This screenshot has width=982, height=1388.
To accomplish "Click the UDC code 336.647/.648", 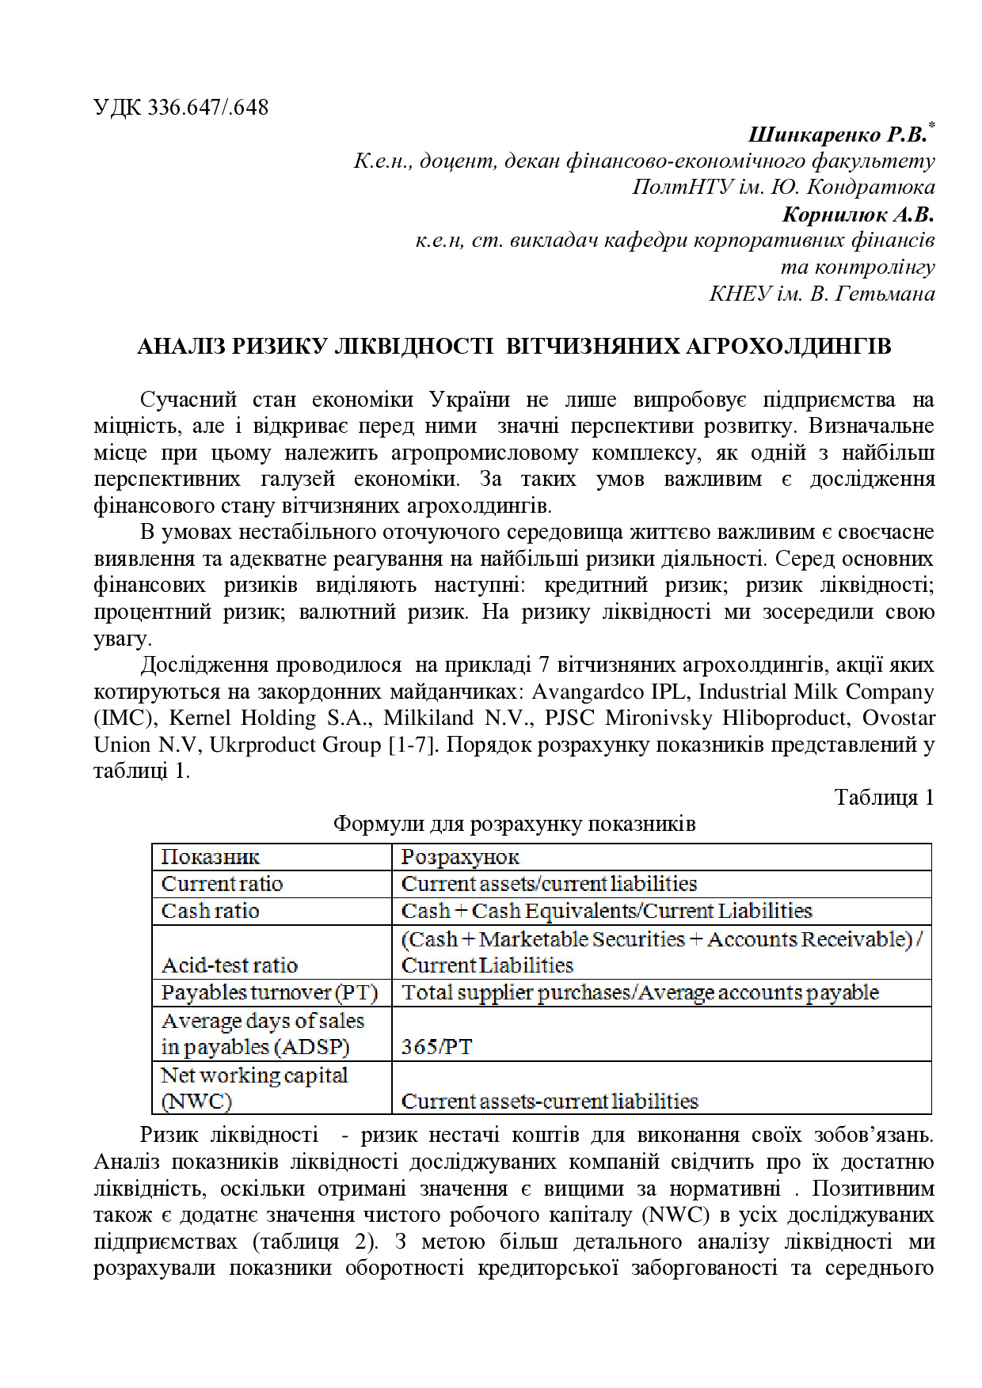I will tap(207, 108).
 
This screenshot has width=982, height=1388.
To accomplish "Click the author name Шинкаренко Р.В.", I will tap(837, 135).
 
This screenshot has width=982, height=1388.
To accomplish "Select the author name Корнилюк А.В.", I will tap(858, 214).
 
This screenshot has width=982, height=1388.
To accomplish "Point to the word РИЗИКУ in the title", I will tap(279, 347).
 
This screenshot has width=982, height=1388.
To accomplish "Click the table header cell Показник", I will tap(211, 857).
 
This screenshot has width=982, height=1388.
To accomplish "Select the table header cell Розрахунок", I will tap(460, 857).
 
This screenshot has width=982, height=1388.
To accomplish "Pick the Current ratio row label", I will tap(222, 884).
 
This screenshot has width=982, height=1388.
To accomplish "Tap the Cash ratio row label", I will tap(211, 911).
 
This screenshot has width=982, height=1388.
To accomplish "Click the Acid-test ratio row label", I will tap(230, 965).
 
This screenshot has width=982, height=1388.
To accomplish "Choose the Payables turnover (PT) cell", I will tap(269, 992).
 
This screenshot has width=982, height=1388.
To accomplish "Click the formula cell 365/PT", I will tap(436, 1047).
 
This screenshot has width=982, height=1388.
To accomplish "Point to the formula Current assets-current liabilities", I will tap(550, 1101).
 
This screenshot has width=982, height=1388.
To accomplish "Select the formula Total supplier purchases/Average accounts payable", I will tap(640, 992).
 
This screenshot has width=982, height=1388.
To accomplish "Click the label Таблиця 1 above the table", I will tap(884, 797).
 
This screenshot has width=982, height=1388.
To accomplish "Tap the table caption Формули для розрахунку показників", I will tap(514, 824).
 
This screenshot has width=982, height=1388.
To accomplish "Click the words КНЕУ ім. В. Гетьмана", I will tap(821, 294).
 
